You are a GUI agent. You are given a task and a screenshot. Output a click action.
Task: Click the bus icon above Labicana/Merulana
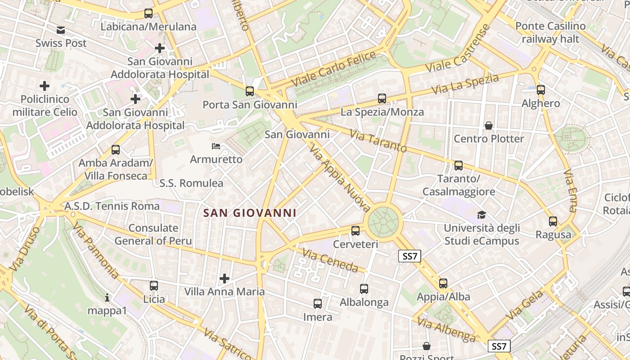(x=148, y=13)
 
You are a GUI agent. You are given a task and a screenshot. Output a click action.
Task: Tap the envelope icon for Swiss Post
(x=61, y=30)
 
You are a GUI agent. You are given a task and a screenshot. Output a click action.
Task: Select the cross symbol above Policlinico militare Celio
(x=45, y=85)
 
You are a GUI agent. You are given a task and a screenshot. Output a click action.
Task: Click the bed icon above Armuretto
(x=216, y=146)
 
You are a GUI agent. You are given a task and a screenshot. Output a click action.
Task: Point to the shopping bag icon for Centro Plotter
(x=489, y=126)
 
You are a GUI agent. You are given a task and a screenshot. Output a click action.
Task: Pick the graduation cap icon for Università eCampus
(x=481, y=215)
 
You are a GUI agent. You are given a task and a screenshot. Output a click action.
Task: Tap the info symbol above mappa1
(x=107, y=297)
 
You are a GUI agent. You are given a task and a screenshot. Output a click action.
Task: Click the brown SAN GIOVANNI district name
(x=250, y=213)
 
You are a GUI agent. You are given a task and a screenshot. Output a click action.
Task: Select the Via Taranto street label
(x=378, y=141)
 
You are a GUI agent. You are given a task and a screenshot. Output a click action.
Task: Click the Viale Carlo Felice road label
(x=333, y=69)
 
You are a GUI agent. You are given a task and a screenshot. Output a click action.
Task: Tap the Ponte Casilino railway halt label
(x=550, y=32)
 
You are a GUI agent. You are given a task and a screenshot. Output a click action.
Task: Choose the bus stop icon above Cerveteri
(x=355, y=231)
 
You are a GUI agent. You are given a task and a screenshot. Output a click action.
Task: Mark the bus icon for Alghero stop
(x=541, y=90)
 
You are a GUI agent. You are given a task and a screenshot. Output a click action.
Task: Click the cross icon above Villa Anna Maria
(x=225, y=279)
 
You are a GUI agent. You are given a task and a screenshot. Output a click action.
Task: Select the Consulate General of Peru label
(x=153, y=234)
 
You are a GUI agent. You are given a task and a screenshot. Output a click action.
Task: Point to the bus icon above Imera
(x=318, y=304)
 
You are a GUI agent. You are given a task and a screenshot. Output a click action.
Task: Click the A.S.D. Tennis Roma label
(x=112, y=206)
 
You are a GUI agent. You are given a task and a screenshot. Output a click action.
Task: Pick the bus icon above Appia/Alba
(x=443, y=283)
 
